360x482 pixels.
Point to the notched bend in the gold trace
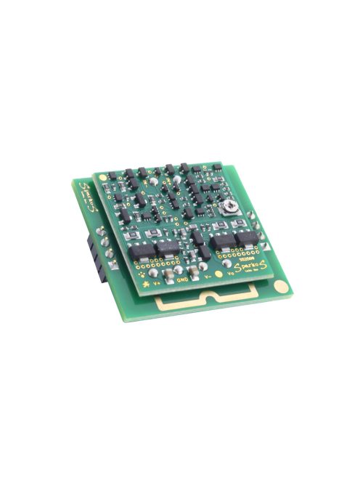[212, 297]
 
